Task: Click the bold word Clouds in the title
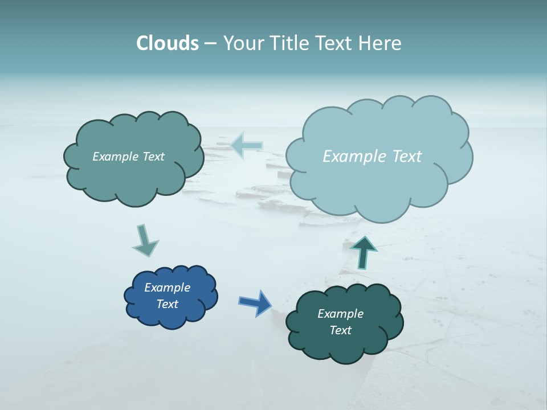click(168, 43)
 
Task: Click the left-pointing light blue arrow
click(247, 146)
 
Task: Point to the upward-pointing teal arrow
click(365, 252)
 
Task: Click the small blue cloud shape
click(170, 296)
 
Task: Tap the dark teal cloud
click(344, 322)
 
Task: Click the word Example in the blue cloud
click(167, 288)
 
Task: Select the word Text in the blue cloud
click(168, 304)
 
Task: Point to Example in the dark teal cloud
click(340, 314)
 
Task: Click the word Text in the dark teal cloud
click(341, 330)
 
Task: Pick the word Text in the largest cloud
click(407, 157)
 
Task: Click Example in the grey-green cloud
click(116, 157)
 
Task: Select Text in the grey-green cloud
click(153, 157)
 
